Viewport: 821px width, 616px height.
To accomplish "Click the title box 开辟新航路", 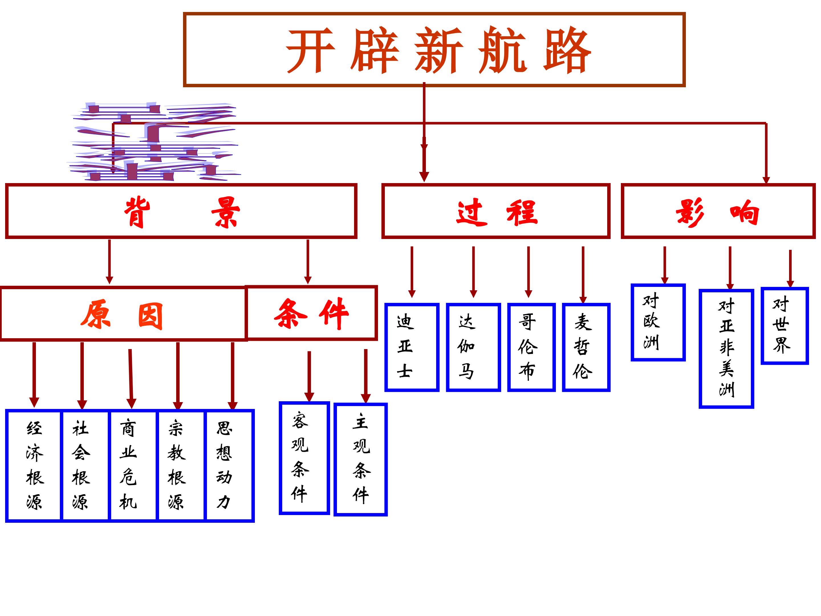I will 434,50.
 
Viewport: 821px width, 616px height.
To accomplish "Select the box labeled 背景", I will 181,211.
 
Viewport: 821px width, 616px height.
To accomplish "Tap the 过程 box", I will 495,211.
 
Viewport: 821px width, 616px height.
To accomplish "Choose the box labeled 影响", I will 718,211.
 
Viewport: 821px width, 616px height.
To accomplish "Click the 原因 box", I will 123,314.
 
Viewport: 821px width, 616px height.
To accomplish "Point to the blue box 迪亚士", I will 412,347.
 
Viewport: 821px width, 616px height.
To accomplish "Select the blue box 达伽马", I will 473,347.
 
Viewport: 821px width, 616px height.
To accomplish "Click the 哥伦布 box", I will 531,347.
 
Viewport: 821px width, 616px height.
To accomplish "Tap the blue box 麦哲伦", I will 586,347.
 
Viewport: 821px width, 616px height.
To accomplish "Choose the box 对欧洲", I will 658,322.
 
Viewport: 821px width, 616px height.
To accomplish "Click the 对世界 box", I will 785,326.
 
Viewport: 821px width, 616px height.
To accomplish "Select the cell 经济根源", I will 34,465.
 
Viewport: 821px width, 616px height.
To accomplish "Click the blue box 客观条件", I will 304,458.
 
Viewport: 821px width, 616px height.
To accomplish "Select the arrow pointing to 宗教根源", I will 178,375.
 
